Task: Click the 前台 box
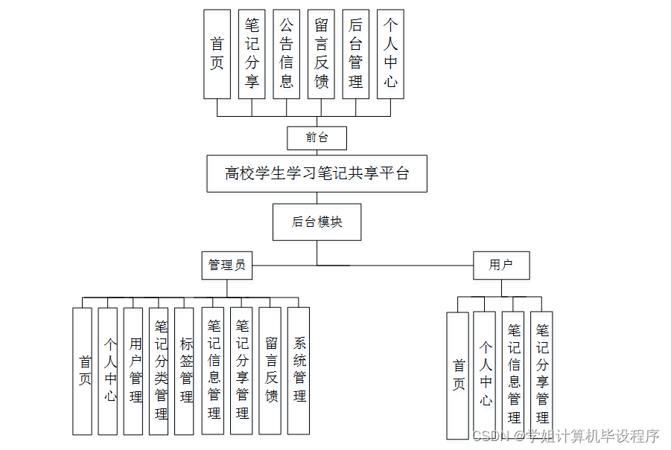click(x=317, y=138)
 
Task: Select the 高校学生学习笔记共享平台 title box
click(x=317, y=173)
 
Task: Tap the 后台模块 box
click(x=317, y=222)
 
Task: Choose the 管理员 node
click(x=226, y=265)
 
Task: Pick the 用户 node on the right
click(x=501, y=265)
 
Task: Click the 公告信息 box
click(x=287, y=54)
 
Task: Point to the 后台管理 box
click(x=355, y=54)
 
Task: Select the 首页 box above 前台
click(x=217, y=54)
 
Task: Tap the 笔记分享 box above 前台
click(x=252, y=54)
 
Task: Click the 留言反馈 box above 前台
click(x=321, y=54)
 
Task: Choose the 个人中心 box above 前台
click(x=390, y=54)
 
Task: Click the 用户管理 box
click(x=133, y=370)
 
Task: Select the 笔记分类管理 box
click(x=159, y=370)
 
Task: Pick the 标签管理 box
click(x=184, y=370)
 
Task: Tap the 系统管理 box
click(x=299, y=370)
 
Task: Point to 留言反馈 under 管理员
click(x=270, y=370)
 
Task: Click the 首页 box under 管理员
click(x=83, y=370)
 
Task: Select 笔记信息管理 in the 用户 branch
click(x=512, y=374)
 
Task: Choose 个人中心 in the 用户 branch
click(x=484, y=374)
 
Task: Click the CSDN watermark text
click(x=566, y=436)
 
